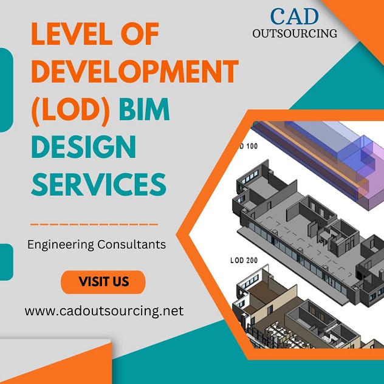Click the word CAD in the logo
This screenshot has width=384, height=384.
click(294, 16)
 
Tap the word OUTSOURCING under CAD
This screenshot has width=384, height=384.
click(295, 33)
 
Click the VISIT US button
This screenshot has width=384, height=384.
click(103, 282)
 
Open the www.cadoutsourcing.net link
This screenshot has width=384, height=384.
click(104, 311)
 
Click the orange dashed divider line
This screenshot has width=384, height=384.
click(94, 224)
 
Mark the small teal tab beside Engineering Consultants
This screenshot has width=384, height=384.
click(5, 262)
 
